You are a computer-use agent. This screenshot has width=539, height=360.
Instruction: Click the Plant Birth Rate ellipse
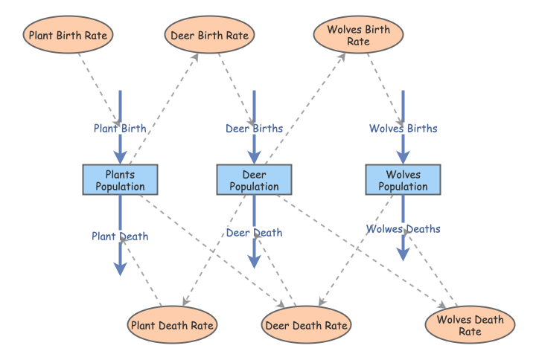coord(68,35)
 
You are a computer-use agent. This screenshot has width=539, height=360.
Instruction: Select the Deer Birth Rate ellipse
coord(209,35)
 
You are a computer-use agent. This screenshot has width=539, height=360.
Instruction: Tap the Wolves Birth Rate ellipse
coord(358,35)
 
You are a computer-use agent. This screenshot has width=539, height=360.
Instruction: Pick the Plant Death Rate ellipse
coord(172,324)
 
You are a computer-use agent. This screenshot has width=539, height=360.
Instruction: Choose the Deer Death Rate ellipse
coord(306,324)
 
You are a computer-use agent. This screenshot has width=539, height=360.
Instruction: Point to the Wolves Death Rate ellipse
coord(470,324)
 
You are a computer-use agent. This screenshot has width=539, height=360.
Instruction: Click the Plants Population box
coord(120,180)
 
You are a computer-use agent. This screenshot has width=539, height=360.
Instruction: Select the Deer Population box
coord(254,180)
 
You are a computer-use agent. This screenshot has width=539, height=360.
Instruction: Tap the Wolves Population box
coord(403,180)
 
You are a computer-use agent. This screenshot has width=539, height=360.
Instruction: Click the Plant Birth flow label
coord(120,129)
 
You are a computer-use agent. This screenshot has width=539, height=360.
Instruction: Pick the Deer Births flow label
coord(254,129)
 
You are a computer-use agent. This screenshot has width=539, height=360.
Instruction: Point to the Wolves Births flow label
coord(404,129)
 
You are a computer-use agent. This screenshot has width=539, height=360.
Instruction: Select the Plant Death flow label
coord(120,237)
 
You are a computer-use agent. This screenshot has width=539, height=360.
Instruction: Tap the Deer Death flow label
coord(254,233)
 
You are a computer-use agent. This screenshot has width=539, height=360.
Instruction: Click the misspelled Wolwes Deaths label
coord(404,229)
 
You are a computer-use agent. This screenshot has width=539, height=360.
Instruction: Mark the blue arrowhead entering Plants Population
coord(120,158)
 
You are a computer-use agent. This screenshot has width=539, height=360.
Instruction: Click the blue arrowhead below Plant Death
coord(120,269)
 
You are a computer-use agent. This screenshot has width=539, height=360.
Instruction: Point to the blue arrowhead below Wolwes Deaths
coord(403,254)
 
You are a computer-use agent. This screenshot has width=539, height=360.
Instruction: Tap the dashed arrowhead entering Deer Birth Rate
coord(195,57)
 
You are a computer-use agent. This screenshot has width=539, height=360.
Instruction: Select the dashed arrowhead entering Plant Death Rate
coord(185,301)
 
